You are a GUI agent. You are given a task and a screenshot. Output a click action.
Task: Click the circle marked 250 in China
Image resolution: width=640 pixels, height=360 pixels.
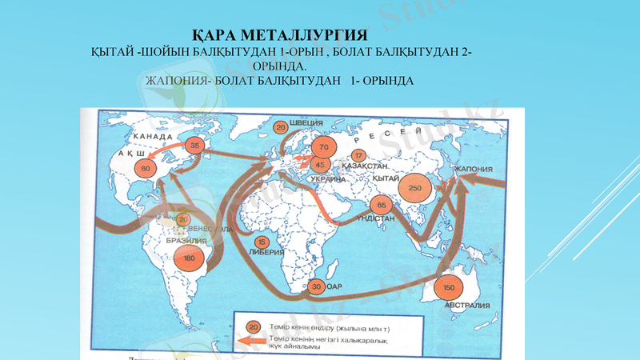[414, 188]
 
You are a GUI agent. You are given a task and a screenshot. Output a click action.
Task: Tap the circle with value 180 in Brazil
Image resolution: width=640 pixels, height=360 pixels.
[189, 258]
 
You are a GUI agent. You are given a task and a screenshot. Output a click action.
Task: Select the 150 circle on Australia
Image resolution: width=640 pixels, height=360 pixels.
[449, 287]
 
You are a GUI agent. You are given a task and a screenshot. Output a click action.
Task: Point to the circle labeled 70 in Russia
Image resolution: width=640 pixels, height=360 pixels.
[323, 148]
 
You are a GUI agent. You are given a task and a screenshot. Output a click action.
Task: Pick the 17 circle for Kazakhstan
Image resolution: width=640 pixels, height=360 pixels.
[358, 155]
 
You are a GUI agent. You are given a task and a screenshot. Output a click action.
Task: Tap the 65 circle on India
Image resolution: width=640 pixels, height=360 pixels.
[382, 206]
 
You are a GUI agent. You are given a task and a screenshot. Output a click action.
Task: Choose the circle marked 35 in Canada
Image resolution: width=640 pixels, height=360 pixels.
[194, 146]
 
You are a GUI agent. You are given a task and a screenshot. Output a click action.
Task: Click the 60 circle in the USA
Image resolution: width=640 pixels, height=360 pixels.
[146, 168]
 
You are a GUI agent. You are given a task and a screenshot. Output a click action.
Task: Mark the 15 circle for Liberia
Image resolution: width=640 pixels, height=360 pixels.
[261, 242]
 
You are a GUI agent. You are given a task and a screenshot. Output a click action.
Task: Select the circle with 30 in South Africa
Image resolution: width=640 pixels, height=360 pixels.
[317, 286]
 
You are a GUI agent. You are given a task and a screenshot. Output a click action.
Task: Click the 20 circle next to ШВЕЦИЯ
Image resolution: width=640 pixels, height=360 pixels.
[281, 126]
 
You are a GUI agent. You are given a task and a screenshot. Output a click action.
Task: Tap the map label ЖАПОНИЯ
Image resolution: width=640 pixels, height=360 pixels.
[473, 169]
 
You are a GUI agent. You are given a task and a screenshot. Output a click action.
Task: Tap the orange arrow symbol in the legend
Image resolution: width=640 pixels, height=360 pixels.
[254, 340]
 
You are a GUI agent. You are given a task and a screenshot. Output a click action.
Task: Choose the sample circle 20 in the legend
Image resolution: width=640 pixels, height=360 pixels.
[253, 326]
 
